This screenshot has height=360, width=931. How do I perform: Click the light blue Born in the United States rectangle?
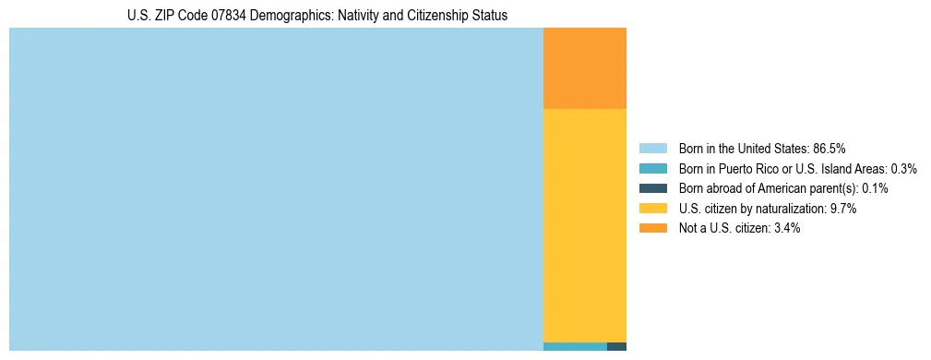(x=276, y=189)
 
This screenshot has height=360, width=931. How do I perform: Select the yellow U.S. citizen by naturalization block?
(x=585, y=225)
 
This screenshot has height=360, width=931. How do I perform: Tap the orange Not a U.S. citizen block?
(x=585, y=68)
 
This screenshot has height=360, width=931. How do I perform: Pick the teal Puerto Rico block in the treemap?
(x=575, y=347)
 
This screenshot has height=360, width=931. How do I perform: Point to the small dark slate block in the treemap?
(x=616, y=347)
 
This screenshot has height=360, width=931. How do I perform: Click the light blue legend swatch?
(x=653, y=149)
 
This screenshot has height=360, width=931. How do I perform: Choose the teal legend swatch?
(x=653, y=169)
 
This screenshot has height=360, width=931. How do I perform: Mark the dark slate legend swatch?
(x=653, y=188)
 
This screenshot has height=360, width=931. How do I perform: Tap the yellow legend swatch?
(x=653, y=209)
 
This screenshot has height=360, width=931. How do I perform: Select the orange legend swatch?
(x=653, y=228)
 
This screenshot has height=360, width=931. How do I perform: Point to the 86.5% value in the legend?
(x=830, y=149)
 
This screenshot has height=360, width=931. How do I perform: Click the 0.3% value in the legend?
(x=904, y=169)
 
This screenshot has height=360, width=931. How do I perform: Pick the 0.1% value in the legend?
(x=875, y=188)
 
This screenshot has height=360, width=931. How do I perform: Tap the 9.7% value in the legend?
(x=844, y=209)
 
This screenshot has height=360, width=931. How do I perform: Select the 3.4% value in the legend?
(x=785, y=228)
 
